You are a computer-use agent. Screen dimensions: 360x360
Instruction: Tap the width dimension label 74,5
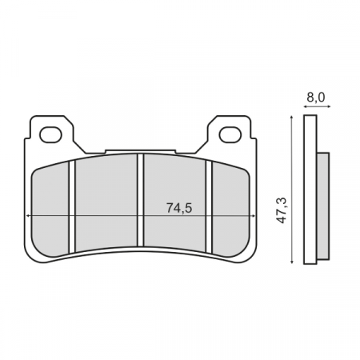click(x=179, y=208)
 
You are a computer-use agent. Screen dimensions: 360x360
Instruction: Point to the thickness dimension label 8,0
click(x=316, y=98)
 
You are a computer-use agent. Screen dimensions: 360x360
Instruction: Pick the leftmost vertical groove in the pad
click(x=71, y=204)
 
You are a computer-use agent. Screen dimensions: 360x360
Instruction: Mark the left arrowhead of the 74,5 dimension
click(x=29, y=217)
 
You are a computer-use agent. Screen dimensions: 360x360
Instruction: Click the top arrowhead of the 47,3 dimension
click(x=293, y=118)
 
